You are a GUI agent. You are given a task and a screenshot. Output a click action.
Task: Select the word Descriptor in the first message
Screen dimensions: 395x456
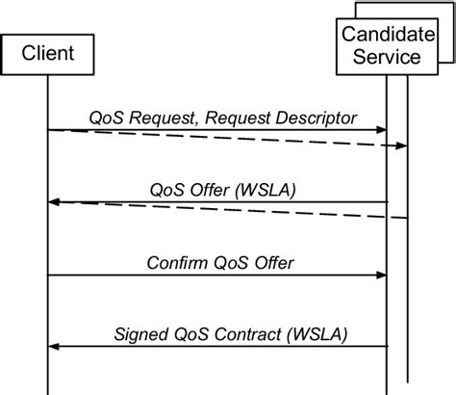(x=314, y=117)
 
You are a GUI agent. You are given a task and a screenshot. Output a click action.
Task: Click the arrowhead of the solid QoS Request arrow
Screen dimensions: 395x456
(x=381, y=130)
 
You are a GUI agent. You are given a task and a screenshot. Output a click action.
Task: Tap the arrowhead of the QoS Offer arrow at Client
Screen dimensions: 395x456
(x=55, y=202)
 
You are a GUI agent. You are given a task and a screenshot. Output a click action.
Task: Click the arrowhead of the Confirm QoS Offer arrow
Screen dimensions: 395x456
(x=381, y=275)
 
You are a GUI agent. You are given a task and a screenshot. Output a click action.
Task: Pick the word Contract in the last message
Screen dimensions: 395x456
(x=245, y=333)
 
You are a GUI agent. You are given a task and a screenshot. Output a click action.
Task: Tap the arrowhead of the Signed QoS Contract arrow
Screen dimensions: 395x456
(x=55, y=346)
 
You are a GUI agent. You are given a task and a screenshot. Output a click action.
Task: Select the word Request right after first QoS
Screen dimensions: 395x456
(x=160, y=117)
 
